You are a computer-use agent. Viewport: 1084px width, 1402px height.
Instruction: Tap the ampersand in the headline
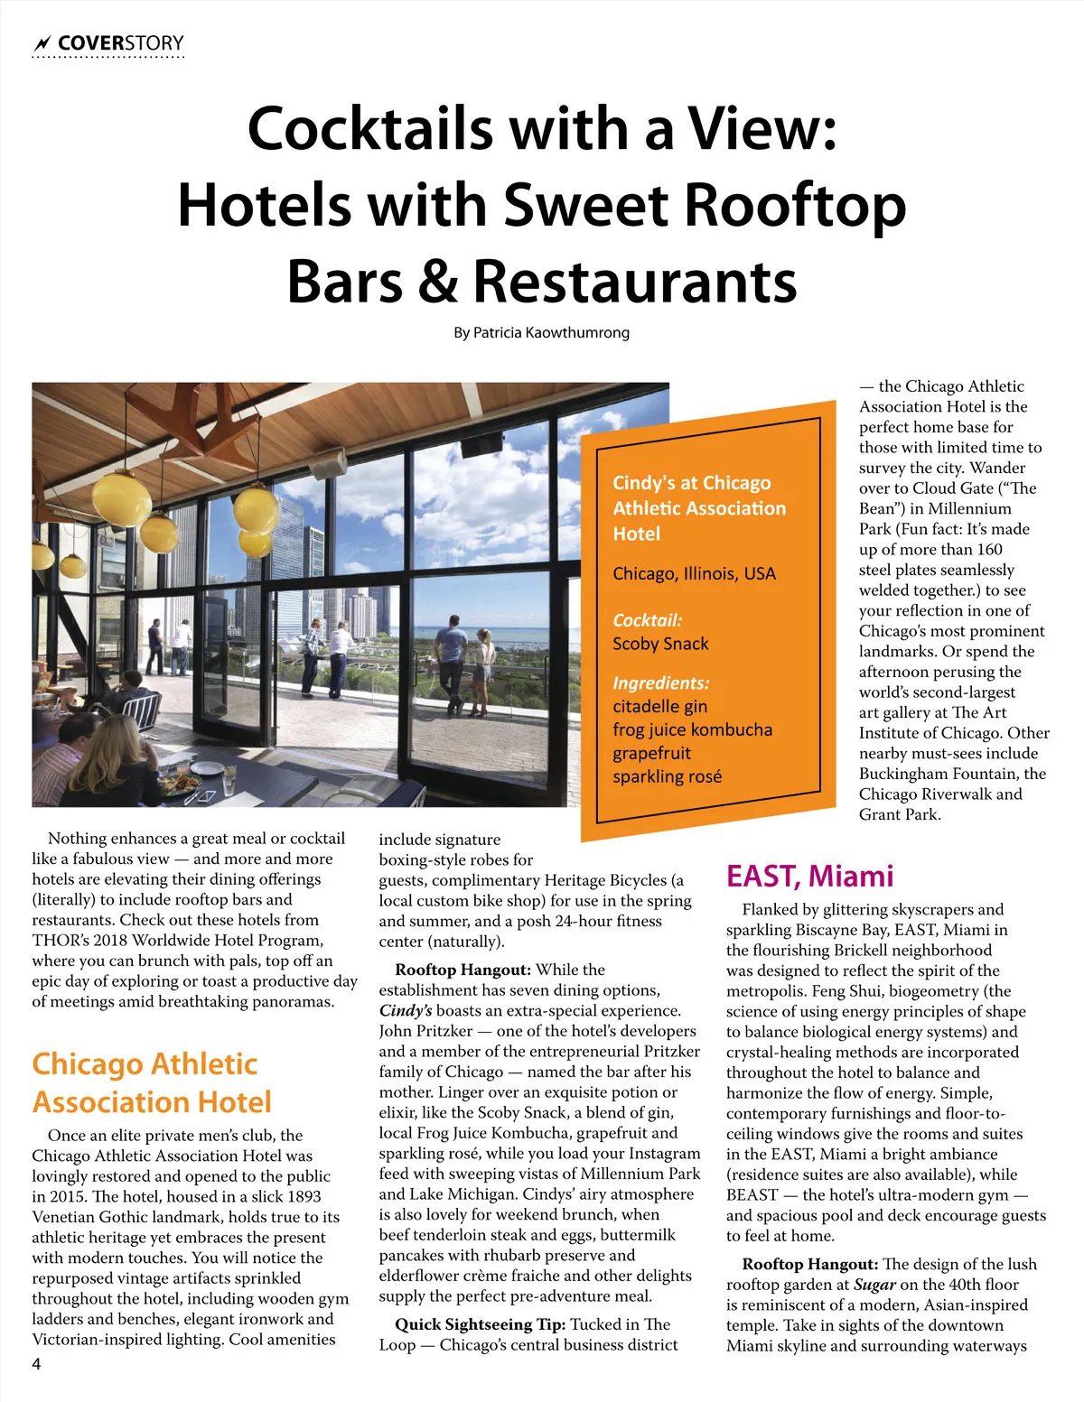pyautogui.click(x=438, y=281)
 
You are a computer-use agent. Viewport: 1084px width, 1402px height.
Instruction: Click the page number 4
pyautogui.click(x=36, y=1364)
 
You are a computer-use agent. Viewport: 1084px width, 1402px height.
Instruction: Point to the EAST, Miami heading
pyautogui.click(x=809, y=876)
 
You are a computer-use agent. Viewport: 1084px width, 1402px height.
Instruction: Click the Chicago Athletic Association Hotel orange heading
pyautogui.click(x=152, y=1082)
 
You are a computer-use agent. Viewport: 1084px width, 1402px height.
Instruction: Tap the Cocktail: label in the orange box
pyautogui.click(x=647, y=620)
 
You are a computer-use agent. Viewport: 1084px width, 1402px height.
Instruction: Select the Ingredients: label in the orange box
pyautogui.click(x=660, y=683)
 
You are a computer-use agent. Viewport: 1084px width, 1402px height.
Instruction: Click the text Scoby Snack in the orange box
pyautogui.click(x=660, y=644)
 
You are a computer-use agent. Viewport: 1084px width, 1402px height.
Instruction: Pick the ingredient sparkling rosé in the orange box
pyautogui.click(x=667, y=776)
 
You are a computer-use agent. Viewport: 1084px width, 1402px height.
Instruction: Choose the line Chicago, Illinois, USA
pyautogui.click(x=694, y=573)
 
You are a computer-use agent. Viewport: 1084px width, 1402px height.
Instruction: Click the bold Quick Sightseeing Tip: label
pyautogui.click(x=480, y=1324)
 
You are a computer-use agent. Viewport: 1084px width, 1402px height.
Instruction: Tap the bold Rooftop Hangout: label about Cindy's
pyautogui.click(x=463, y=970)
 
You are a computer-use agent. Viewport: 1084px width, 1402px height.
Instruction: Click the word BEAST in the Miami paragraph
pyautogui.click(x=752, y=1194)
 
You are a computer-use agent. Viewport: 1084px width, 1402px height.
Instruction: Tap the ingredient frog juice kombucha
pyautogui.click(x=692, y=729)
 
